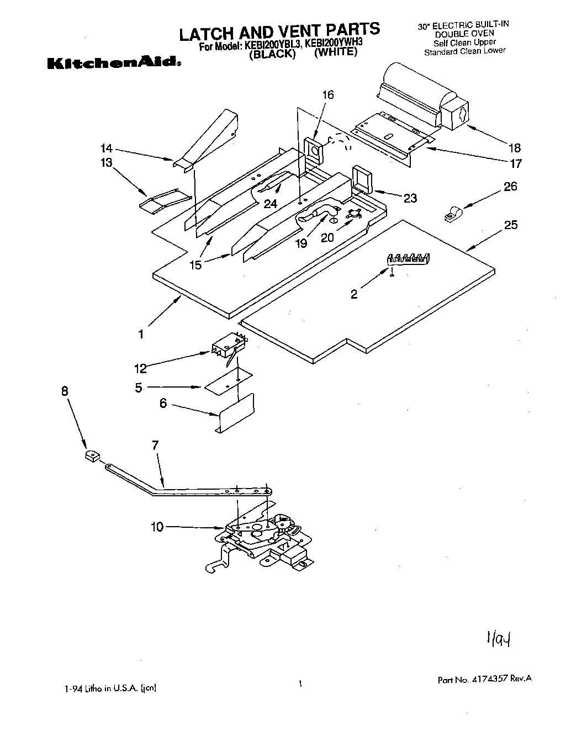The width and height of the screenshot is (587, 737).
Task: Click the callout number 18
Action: click(x=515, y=148)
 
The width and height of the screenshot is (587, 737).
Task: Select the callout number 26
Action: click(x=510, y=187)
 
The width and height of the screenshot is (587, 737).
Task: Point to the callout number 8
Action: click(x=65, y=391)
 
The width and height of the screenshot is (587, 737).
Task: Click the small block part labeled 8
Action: click(x=92, y=456)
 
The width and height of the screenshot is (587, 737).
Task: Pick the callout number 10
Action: click(x=157, y=527)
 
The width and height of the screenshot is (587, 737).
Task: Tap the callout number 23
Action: click(x=410, y=198)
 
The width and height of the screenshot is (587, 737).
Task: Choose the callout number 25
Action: click(x=511, y=225)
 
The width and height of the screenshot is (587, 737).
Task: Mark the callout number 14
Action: click(x=107, y=148)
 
